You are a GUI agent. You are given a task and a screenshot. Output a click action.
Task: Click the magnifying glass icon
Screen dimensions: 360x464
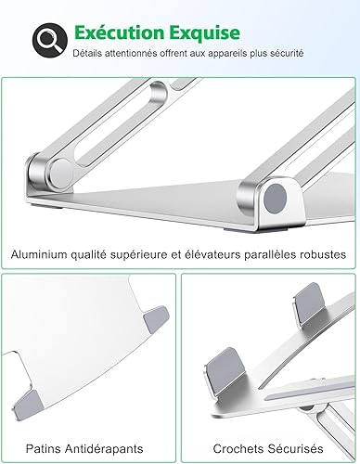tap(50, 40)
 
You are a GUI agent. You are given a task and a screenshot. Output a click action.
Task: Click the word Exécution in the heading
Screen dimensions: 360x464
tap(119, 32)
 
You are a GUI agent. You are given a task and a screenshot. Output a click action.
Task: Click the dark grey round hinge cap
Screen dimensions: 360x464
tap(275, 199)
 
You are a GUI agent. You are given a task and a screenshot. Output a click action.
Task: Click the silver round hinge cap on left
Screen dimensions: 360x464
tap(61, 173)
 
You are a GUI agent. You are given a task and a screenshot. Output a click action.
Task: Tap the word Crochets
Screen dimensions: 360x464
tap(238, 448)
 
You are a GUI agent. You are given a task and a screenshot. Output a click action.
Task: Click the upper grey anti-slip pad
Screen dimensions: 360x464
tap(157, 319)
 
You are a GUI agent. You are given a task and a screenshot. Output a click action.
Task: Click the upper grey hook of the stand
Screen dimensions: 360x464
tap(309, 302)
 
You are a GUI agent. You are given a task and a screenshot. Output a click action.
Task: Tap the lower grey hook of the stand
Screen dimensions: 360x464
tap(225, 371)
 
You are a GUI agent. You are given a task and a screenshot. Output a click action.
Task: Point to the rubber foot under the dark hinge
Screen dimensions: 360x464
tap(272, 230)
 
